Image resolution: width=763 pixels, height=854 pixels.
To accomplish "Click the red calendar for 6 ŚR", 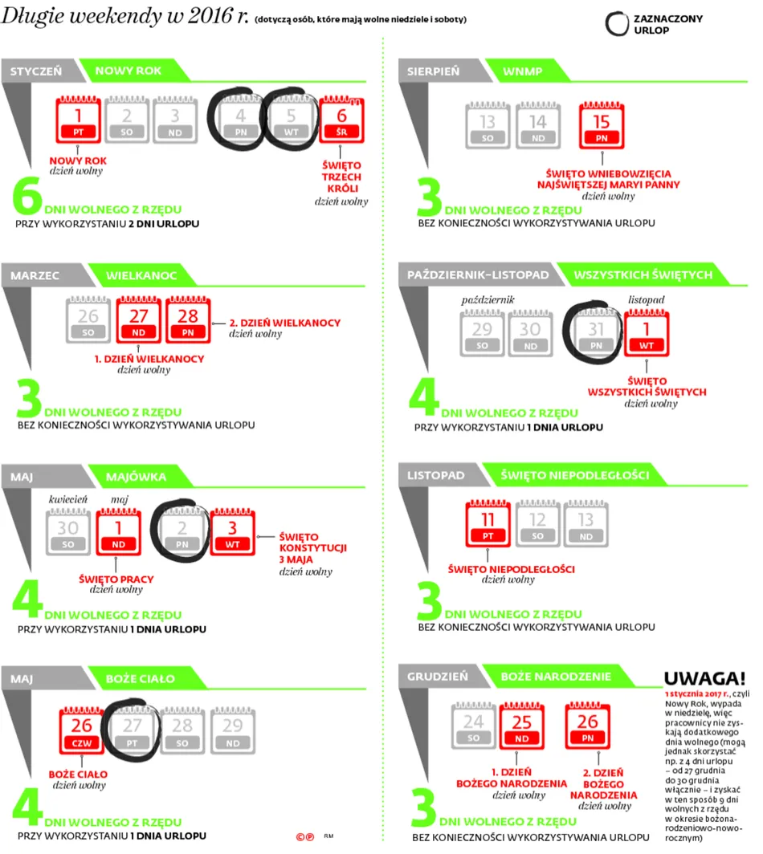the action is coord(341,120).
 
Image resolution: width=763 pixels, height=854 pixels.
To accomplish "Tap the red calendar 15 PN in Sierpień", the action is coord(601,125).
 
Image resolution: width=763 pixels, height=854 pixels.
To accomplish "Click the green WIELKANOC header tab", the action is coord(141,275).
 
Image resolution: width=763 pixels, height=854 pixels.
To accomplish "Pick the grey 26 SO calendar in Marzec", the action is coord(88,319).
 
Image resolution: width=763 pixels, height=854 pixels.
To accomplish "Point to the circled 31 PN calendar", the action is coord(596,333).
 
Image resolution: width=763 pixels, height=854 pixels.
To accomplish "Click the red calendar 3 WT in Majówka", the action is coord(232,531).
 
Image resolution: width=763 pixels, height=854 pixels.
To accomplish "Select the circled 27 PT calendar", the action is coord(132,730).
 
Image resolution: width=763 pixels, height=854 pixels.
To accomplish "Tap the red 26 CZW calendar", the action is coord(82,730).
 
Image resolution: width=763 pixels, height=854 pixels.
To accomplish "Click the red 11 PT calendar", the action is coord(488,523).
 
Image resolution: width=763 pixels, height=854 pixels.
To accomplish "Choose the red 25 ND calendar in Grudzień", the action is coord(521,726).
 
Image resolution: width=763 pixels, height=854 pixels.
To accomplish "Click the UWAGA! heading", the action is coord(704,679).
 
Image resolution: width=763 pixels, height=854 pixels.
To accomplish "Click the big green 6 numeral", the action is coord(27,195).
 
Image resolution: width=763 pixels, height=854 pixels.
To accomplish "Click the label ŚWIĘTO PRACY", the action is coord(116,579).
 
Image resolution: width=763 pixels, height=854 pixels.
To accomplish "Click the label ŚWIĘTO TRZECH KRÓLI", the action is coord(341,177).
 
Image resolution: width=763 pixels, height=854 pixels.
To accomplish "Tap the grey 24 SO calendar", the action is coord(474,726).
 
